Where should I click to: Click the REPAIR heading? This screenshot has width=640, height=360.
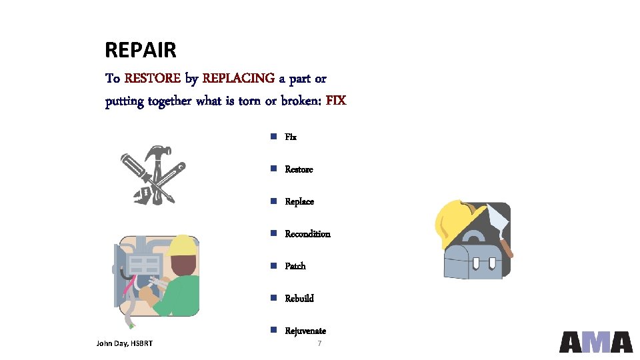point(141,50)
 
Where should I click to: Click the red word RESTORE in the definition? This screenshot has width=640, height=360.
point(152,79)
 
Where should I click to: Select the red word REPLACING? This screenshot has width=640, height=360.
point(238,79)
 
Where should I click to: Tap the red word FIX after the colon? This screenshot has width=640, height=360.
point(336,101)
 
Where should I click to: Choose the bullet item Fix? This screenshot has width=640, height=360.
point(291,137)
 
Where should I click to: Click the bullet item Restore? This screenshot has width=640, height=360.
point(299,169)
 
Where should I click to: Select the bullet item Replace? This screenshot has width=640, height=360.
point(299,202)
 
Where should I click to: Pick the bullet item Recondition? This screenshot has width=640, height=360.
point(307,234)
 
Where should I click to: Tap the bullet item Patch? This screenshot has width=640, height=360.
point(295,266)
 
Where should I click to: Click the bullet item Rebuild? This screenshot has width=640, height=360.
point(299,299)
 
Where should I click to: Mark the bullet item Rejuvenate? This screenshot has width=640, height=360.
point(305,331)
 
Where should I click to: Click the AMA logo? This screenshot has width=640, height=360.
point(595,341)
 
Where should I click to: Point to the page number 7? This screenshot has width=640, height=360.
point(320,343)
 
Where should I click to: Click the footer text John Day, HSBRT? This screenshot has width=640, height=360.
point(125,343)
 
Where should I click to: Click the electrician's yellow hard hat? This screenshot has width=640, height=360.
point(183,246)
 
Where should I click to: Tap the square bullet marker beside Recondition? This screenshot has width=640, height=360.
point(273,233)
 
